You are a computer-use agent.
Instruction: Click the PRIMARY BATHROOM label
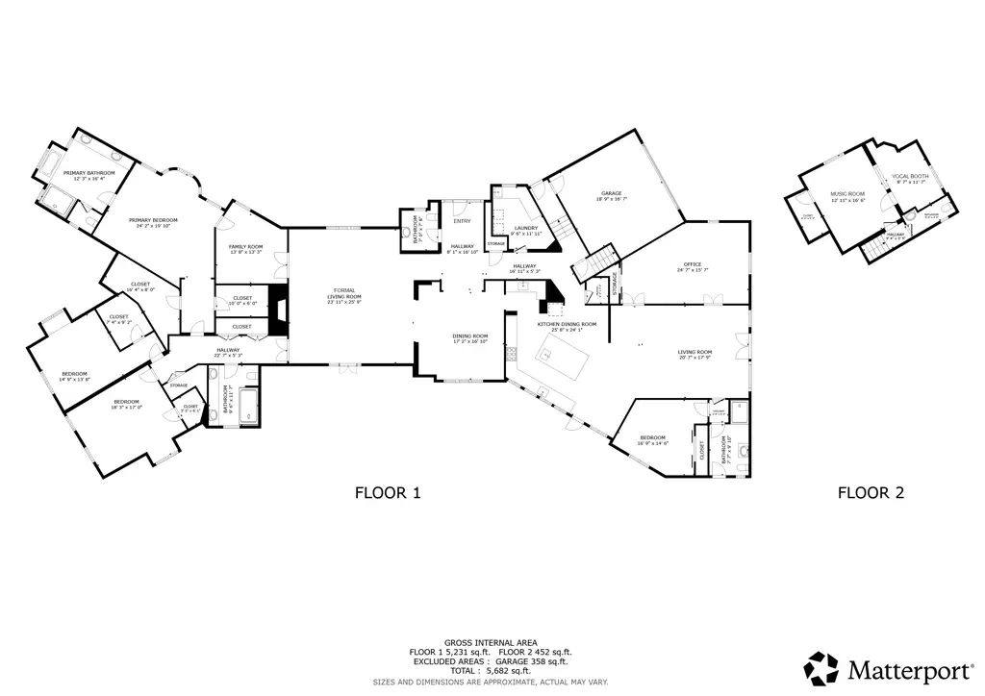pyautogui.click(x=89, y=173)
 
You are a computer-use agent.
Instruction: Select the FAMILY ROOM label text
pyautogui.click(x=245, y=247)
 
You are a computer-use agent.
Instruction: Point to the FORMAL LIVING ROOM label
pyautogui.click(x=343, y=293)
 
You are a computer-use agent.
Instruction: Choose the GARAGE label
pyautogui.click(x=613, y=193)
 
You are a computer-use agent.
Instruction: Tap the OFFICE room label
pyautogui.click(x=693, y=265)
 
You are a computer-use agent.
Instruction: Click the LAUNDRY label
pyautogui.click(x=526, y=228)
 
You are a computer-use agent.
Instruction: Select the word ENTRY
pyautogui.click(x=460, y=221)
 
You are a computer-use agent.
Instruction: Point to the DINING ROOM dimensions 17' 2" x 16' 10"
pyautogui.click(x=470, y=340)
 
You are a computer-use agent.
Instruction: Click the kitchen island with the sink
pyautogui.click(x=568, y=364)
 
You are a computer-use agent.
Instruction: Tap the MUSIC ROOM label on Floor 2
pyautogui.click(x=847, y=194)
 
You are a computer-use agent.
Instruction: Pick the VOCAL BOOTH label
pyautogui.click(x=909, y=177)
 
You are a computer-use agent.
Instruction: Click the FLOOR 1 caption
pyautogui.click(x=388, y=493)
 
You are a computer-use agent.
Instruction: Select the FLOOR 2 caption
pyautogui.click(x=871, y=493)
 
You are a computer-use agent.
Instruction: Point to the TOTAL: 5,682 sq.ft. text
pyautogui.click(x=491, y=671)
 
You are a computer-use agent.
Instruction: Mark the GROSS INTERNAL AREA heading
pyautogui.click(x=491, y=642)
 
